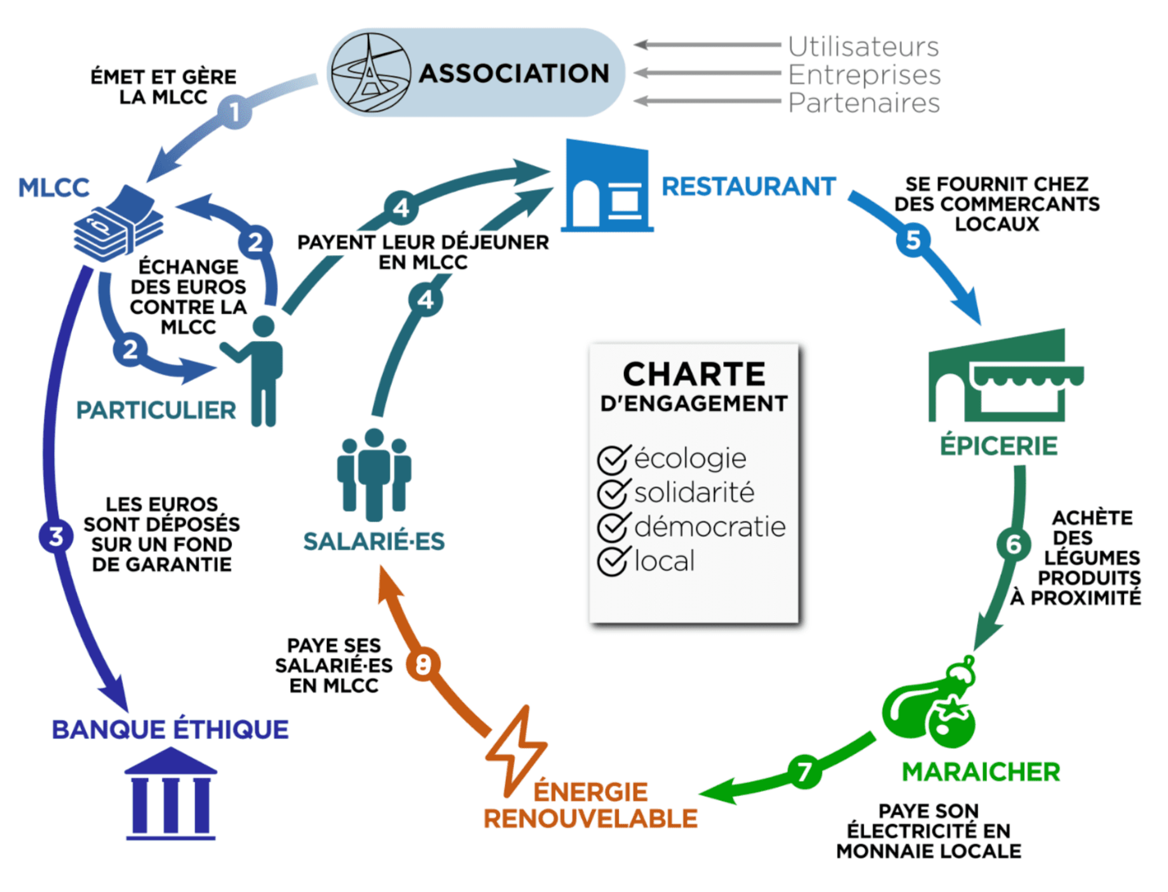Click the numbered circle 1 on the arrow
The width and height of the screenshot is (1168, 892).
click(234, 111)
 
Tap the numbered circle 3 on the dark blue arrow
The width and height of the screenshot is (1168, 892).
click(56, 536)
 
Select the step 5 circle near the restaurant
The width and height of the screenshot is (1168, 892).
click(913, 240)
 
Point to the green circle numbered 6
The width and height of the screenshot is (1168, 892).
click(1013, 544)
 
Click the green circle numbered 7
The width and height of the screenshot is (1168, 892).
click(804, 771)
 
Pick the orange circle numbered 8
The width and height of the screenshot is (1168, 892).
click(423, 664)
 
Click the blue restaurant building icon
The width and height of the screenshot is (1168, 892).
click(607, 185)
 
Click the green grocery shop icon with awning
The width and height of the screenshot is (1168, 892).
click(1006, 375)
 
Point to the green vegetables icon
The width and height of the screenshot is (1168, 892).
click(929, 702)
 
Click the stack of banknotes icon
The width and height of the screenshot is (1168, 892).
click(118, 223)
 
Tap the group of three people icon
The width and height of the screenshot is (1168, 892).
click(374, 474)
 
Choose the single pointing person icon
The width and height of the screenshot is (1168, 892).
click(254, 371)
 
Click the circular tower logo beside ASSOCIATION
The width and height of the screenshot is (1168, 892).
click(371, 73)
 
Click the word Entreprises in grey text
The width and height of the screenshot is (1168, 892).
click(864, 75)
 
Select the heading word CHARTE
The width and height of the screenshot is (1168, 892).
click(694, 374)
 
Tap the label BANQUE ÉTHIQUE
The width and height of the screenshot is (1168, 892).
click(170, 730)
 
